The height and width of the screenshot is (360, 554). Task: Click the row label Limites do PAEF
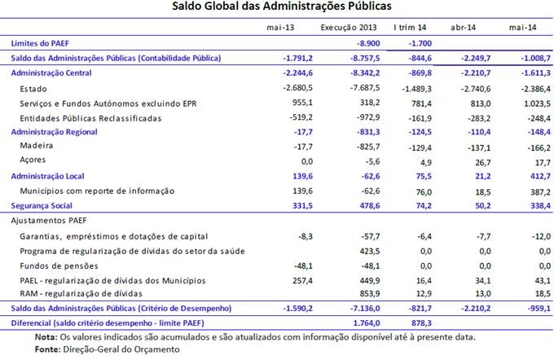(39, 42)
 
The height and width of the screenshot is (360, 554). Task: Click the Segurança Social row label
(45, 205)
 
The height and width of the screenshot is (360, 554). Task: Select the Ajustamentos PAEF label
(49, 221)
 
